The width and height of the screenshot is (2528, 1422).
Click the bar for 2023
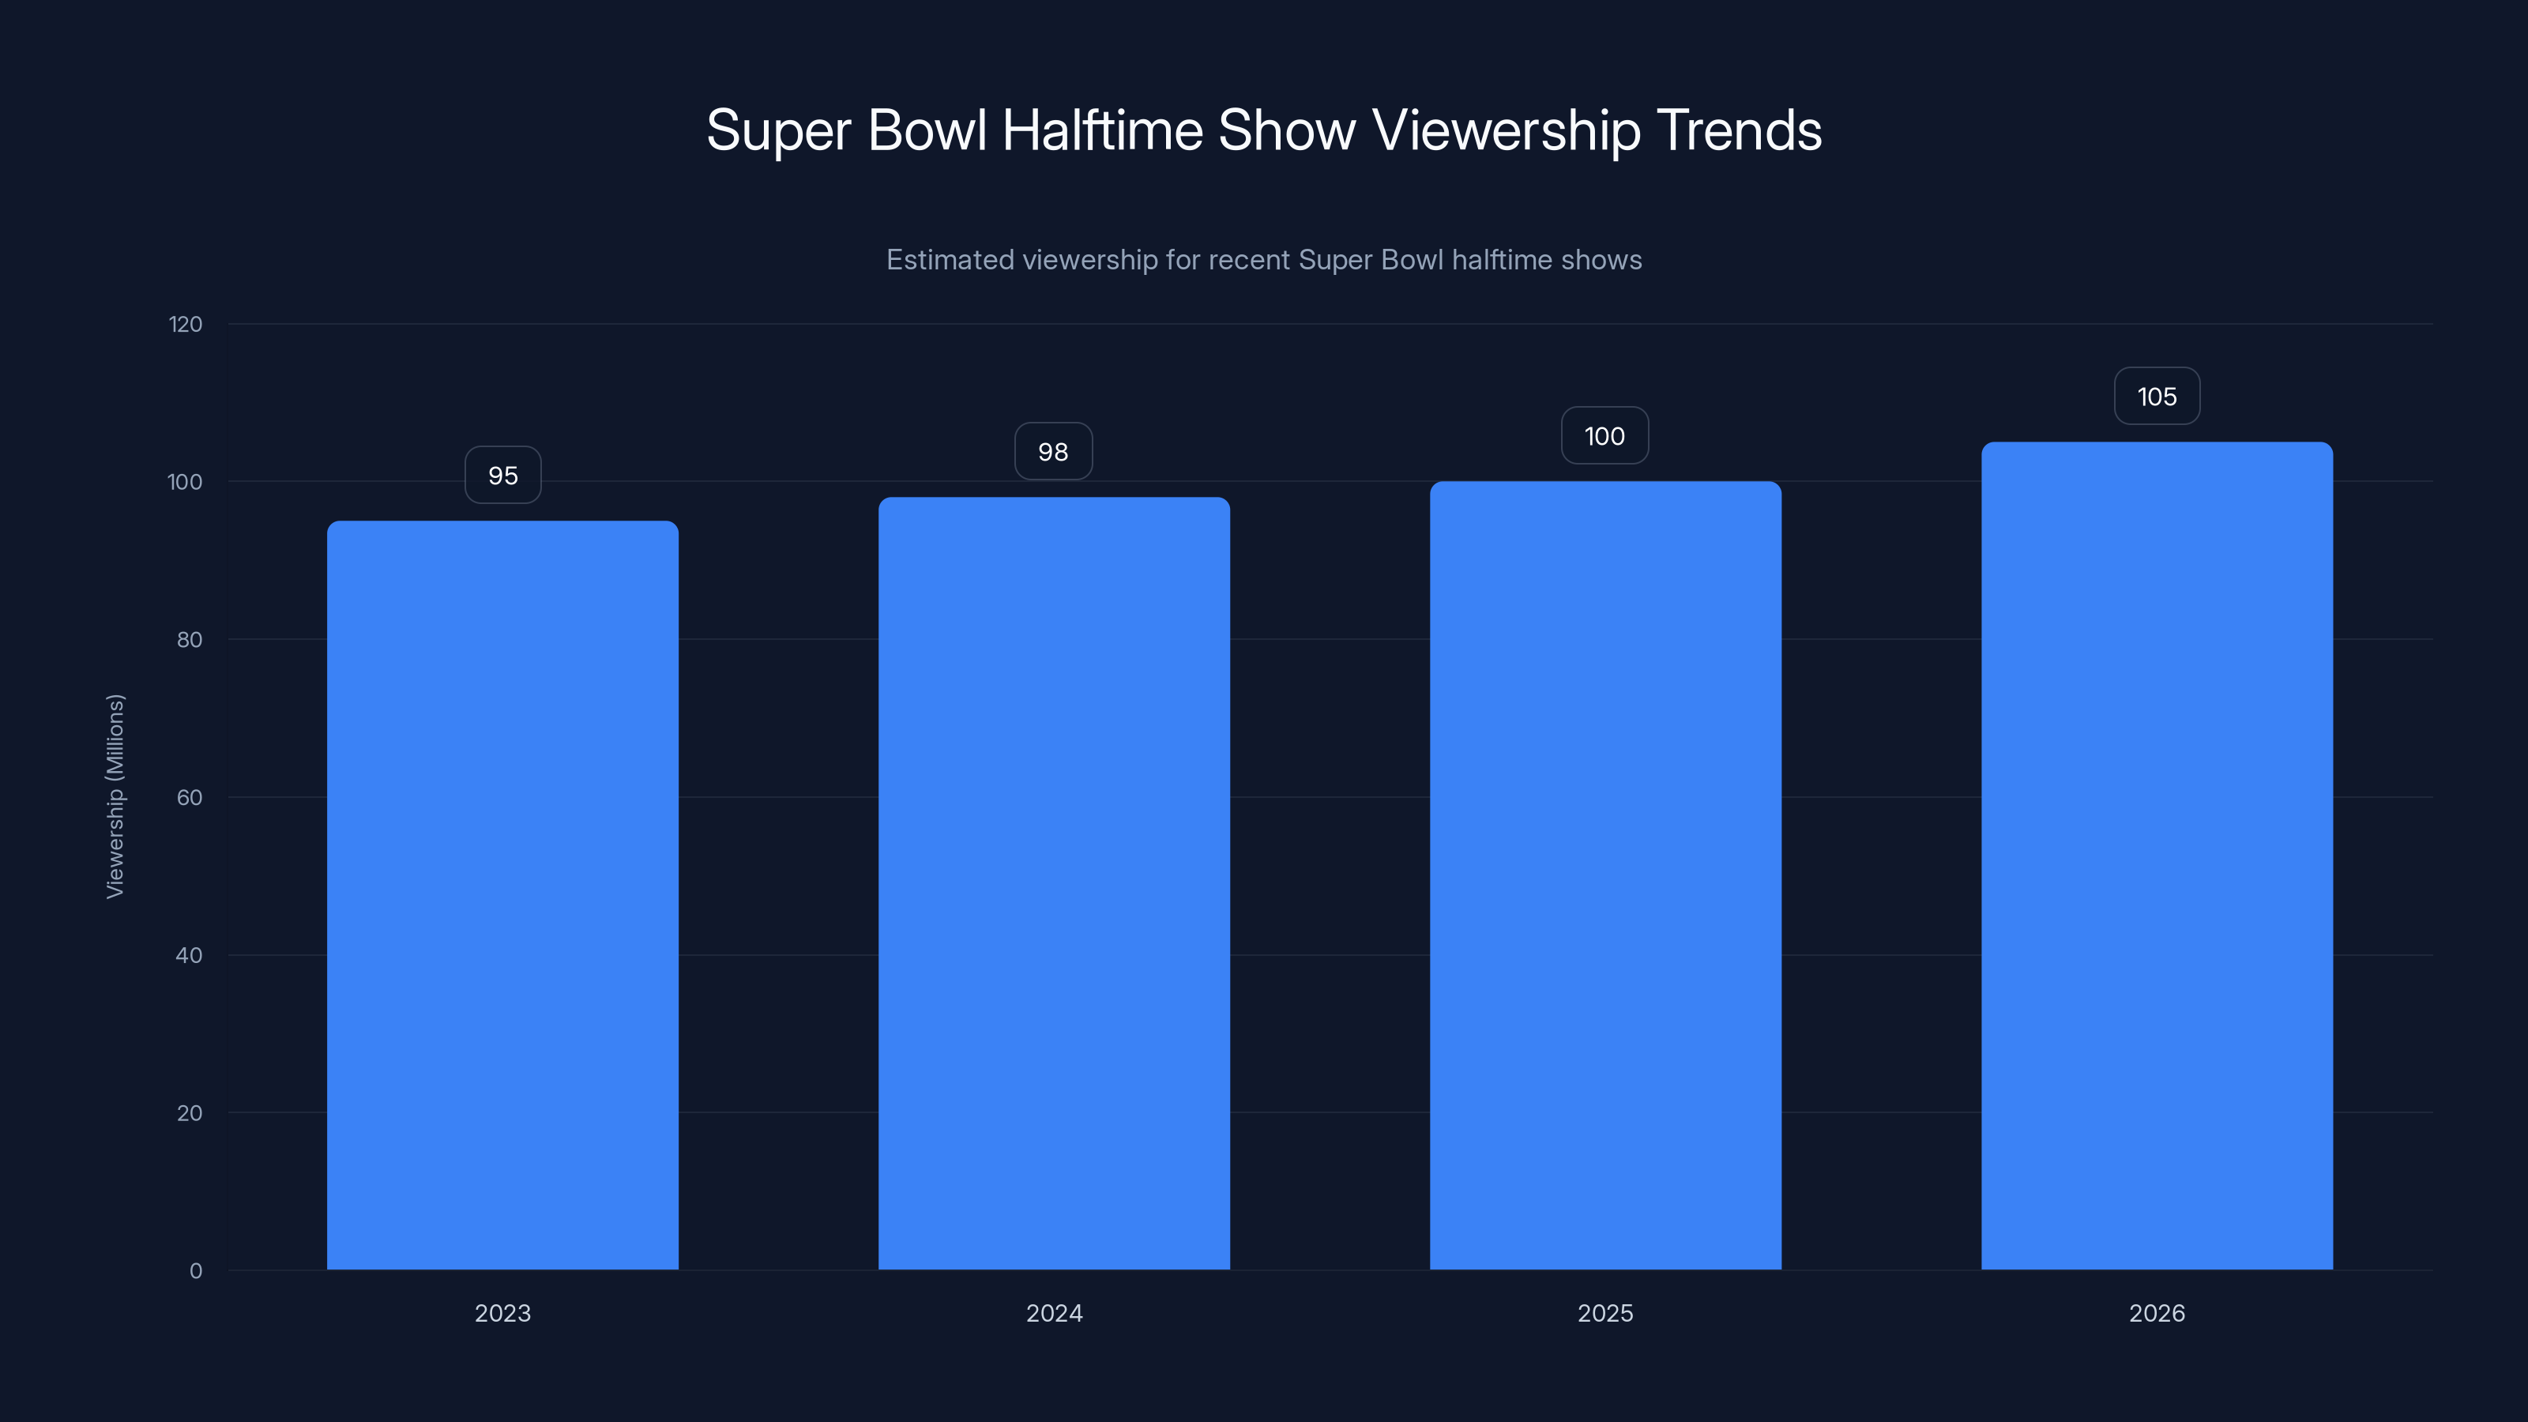point(502,895)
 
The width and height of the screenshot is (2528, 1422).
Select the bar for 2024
point(1054,883)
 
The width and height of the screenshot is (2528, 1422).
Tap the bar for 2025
point(1605,875)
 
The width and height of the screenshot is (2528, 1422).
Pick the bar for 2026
point(2157,856)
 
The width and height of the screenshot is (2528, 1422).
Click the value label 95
point(502,476)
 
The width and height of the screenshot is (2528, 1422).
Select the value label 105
point(2157,397)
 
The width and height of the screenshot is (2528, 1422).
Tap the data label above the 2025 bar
point(1604,436)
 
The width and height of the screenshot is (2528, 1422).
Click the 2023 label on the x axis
point(502,1313)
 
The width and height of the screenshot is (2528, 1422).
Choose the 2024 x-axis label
point(1054,1313)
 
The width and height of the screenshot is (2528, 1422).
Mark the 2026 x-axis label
point(2157,1313)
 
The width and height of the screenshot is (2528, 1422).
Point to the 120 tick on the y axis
point(186,324)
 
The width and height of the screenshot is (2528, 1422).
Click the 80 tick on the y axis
point(190,640)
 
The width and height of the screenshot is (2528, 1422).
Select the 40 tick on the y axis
point(190,955)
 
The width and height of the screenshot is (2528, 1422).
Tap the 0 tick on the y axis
point(195,1271)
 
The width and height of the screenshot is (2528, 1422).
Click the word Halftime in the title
point(1102,130)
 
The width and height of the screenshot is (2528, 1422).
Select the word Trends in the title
point(1739,130)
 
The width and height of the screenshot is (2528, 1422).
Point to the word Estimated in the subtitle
point(949,260)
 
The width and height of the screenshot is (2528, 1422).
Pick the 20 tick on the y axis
point(190,1113)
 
